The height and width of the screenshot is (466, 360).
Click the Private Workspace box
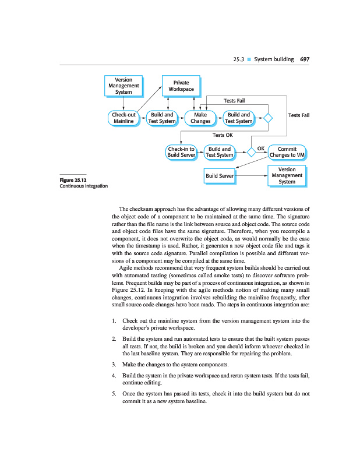pyautogui.click(x=181, y=86)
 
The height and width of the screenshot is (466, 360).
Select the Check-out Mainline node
pyautogui.click(x=123, y=118)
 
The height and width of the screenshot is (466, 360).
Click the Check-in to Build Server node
pyautogui.click(x=181, y=152)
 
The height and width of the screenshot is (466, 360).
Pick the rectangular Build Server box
pyautogui.click(x=220, y=175)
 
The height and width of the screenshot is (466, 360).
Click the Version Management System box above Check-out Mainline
pyautogui.click(x=123, y=86)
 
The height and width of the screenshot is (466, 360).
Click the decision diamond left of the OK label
pyautogui.click(x=251, y=152)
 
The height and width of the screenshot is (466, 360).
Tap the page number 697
pyautogui.click(x=304, y=59)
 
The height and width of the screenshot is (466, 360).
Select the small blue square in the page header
pyautogui.click(x=249, y=59)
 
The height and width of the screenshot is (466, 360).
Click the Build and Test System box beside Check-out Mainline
pyautogui.click(x=162, y=118)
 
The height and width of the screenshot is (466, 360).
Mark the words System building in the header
pyautogui.click(x=274, y=59)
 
